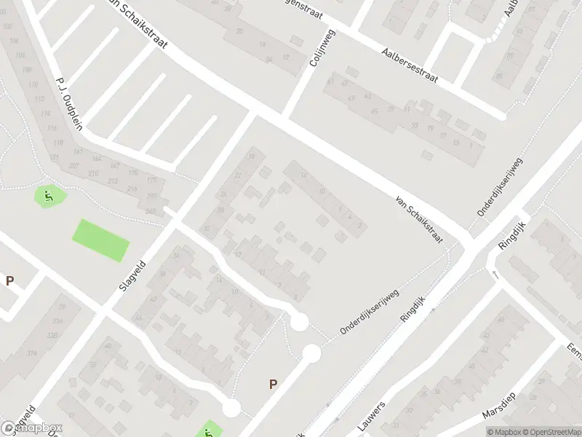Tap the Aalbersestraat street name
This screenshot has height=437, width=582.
coord(410,65)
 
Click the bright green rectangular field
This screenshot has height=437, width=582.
coord(100,240)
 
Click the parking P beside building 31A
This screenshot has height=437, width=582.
coord(10,280)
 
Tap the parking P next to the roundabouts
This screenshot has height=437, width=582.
coord(274,384)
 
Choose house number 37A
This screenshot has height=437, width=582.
coord(32,353)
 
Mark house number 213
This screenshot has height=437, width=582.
coord(113,180)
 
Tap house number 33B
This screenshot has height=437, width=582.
coord(52,335)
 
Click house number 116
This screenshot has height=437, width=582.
coord(52,128)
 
